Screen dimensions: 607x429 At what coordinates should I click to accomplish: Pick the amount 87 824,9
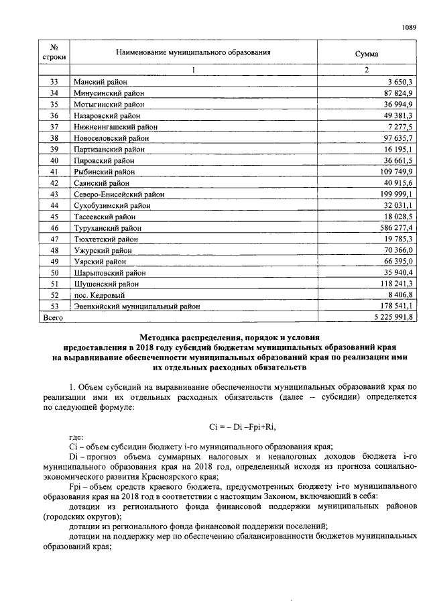[x=398, y=93]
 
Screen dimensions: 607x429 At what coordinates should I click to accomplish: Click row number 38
[x=54, y=137]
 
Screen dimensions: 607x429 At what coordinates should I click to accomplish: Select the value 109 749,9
[x=396, y=172]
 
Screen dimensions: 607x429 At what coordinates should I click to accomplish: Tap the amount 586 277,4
[x=396, y=228]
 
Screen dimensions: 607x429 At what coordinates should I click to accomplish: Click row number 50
[x=54, y=273]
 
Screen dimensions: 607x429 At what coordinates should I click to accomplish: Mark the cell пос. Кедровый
[x=101, y=295]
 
